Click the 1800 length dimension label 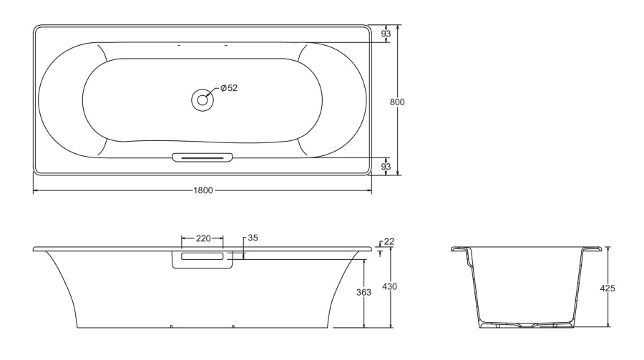[x=203, y=190]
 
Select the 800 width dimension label [x=397, y=102]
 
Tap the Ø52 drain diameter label [x=229, y=88]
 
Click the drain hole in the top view [x=202, y=100]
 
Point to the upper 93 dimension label [x=386, y=34]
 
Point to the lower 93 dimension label [x=386, y=167]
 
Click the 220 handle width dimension [x=203, y=238]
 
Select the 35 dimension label [x=253, y=238]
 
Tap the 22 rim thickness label [x=389, y=242]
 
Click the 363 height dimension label [x=364, y=292]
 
